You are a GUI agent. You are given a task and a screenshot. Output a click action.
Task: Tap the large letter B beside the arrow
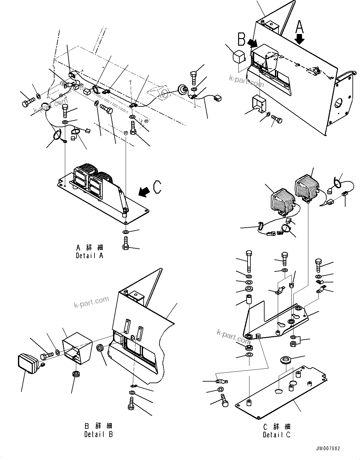coord(242,40)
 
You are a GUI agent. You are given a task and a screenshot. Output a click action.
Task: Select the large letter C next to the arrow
coord(157,187)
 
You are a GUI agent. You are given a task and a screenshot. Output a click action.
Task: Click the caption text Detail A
coord(89,256)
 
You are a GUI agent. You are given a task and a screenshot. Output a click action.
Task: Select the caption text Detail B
coord(99,434)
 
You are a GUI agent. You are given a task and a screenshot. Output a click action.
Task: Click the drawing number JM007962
coord(329,449)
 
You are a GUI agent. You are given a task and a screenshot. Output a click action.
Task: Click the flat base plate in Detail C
coord(280,394)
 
